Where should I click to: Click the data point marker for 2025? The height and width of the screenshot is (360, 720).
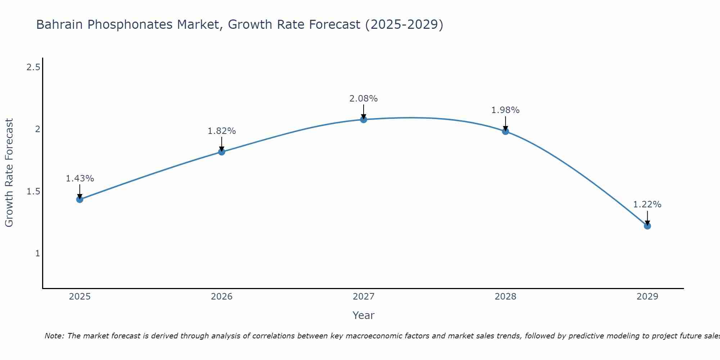pos(80,199)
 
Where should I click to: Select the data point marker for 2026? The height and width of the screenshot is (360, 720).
pos(221,152)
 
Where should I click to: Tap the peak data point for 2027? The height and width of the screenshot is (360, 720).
pos(364,120)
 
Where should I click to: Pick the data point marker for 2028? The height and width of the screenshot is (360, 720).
pos(505,131)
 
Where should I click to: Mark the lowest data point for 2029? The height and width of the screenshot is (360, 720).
pos(647,226)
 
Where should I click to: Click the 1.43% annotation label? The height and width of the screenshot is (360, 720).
pos(80,179)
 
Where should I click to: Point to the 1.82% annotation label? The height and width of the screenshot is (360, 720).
pos(221,131)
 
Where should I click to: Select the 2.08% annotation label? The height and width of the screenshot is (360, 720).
pos(364,99)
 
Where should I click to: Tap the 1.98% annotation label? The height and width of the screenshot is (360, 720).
pos(505,110)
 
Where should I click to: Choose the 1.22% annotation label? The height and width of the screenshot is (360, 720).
pos(647,204)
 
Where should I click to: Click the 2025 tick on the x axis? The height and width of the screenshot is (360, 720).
pos(80,297)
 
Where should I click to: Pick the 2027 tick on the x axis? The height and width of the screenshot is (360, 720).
pos(364,297)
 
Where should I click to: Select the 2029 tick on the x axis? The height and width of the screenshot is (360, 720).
pos(647,297)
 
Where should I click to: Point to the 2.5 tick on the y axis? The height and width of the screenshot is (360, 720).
pos(33,67)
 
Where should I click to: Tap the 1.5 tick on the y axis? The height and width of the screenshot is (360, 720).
pos(33,191)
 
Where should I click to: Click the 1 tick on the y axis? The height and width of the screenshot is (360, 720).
pos(37,253)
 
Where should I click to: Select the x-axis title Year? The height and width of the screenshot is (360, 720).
pos(364,315)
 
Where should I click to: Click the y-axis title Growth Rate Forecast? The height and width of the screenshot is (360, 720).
pos(9,173)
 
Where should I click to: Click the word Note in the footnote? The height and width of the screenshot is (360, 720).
pos(54,336)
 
